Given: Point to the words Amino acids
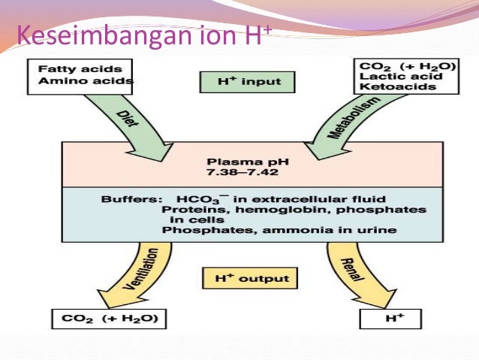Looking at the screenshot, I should tap(83, 80).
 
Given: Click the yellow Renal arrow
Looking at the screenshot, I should tap(344, 267).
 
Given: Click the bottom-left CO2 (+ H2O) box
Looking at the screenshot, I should tap(110, 319).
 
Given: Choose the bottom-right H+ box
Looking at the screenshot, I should tap(396, 319).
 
